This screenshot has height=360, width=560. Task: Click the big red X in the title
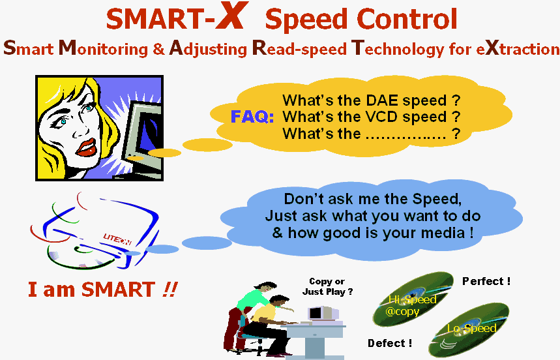232,16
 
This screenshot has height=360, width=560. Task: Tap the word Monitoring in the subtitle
103,48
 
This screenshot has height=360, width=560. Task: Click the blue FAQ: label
252,117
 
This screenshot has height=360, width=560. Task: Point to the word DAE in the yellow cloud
382,100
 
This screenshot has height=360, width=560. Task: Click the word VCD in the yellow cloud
382,117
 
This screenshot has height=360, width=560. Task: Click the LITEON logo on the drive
117,239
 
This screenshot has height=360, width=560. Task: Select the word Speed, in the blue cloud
437,199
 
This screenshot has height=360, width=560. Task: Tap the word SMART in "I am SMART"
118,290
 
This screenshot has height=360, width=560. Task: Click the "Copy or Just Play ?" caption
327,286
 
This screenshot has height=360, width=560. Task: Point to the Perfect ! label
486,281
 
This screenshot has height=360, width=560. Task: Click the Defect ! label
390,343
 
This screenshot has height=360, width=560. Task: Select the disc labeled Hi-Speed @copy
413,299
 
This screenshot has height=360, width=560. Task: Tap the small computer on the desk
323,314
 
